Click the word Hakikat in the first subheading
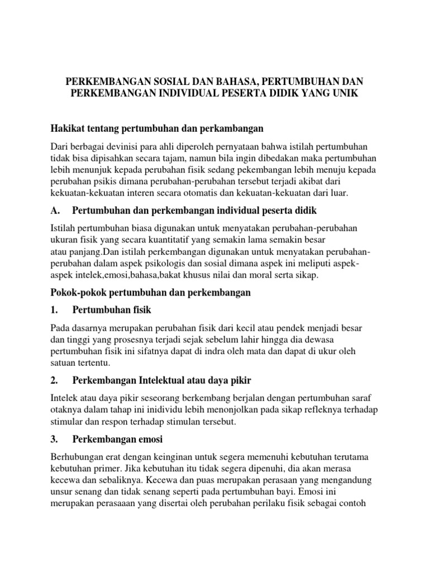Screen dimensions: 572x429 coord(68,128)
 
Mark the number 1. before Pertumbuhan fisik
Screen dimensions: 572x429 coord(54,309)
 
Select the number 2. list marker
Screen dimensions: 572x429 coord(54,380)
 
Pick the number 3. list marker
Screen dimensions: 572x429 coord(54,438)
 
